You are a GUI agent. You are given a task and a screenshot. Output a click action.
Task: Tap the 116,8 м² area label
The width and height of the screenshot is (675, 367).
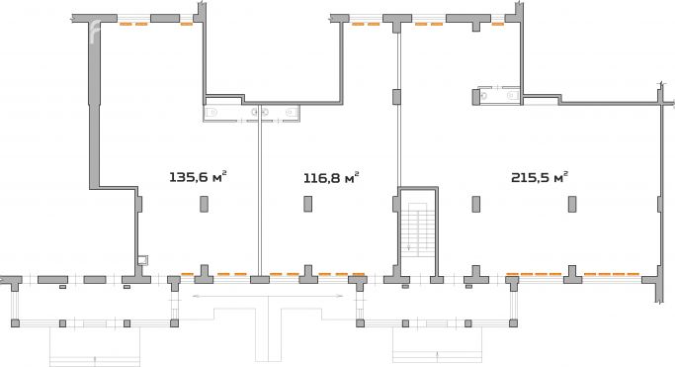tap(329, 178)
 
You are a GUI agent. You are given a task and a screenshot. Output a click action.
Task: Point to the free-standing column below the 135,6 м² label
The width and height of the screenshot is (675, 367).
tap(204, 204)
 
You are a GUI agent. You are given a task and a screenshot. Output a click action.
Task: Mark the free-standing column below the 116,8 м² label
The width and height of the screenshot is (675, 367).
tap(307, 204)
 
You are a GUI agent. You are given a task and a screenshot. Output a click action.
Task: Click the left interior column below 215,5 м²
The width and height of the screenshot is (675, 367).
tap(476, 204)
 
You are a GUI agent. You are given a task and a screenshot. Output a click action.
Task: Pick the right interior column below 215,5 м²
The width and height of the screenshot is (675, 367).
tap(571, 204)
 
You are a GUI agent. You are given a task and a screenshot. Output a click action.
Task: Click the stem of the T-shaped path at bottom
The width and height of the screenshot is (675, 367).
tap(276, 336)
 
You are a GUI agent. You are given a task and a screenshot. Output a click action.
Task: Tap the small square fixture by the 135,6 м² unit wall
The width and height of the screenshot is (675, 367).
tap(144, 260)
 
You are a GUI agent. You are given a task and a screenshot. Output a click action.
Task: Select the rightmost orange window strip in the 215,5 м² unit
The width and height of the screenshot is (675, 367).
tap(611, 273)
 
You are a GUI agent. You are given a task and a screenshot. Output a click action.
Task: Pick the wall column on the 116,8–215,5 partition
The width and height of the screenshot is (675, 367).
tap(396, 96)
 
